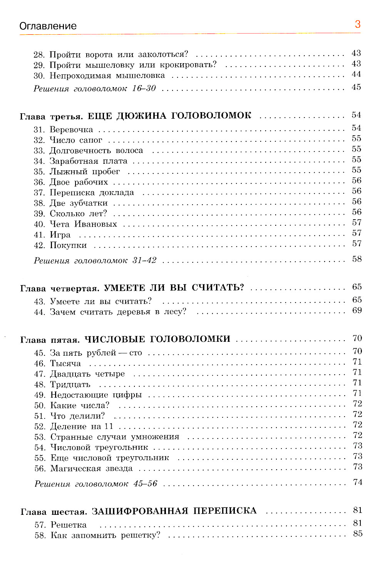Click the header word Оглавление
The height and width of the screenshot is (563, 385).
(48, 26)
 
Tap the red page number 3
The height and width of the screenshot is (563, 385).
(358, 24)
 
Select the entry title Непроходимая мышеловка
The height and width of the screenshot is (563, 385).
(107, 76)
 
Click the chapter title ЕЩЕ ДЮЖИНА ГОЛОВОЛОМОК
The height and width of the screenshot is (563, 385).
(169, 116)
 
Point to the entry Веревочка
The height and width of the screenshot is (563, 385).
(71, 129)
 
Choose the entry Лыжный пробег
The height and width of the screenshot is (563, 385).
(85, 171)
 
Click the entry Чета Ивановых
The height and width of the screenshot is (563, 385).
(83, 224)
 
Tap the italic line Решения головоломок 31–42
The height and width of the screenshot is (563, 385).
(95, 260)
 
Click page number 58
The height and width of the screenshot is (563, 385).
(357, 259)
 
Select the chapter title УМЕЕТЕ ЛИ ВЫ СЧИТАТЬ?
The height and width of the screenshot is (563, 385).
(174, 288)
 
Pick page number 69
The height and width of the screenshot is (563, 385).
(357, 310)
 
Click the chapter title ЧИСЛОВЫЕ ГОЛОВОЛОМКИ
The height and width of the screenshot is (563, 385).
(157, 339)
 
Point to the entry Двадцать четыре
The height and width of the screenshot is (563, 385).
(87, 374)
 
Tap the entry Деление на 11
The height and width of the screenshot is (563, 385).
(82, 426)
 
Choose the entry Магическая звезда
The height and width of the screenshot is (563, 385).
(91, 469)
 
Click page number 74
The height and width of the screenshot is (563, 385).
(358, 482)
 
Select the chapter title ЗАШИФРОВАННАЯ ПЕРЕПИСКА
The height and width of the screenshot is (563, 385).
(174, 511)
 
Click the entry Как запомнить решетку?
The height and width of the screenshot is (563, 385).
(105, 535)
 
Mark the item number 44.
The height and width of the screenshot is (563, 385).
(39, 312)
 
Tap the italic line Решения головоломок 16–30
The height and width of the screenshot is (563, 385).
(95, 89)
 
